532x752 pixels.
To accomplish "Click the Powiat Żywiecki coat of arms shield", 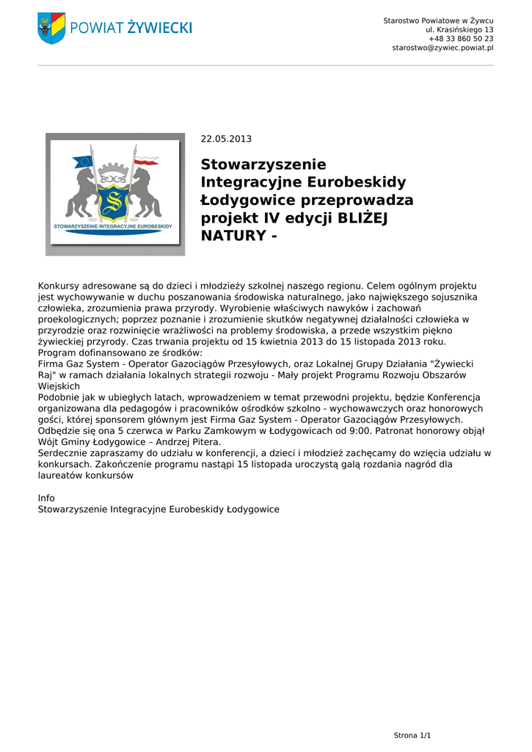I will (x=51, y=28).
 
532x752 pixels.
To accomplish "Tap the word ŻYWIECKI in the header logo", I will (x=159, y=28).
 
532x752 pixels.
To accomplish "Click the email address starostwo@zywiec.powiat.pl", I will (x=442, y=48).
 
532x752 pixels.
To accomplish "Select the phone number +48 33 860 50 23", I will (x=461, y=38).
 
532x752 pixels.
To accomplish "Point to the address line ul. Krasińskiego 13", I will (x=459, y=29).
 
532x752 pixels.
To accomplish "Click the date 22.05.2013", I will (x=226, y=139).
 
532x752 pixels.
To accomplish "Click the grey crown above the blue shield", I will (x=115, y=177).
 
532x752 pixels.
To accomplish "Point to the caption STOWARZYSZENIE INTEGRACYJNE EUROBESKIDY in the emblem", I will (x=115, y=226).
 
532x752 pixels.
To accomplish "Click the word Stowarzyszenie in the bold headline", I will (x=263, y=164).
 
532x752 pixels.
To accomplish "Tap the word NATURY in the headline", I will (x=233, y=236).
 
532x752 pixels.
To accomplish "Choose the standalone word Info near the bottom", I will (x=46, y=498).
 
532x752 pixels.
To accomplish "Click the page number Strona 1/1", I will (x=412, y=735).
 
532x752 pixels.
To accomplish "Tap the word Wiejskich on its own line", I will (x=59, y=386).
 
